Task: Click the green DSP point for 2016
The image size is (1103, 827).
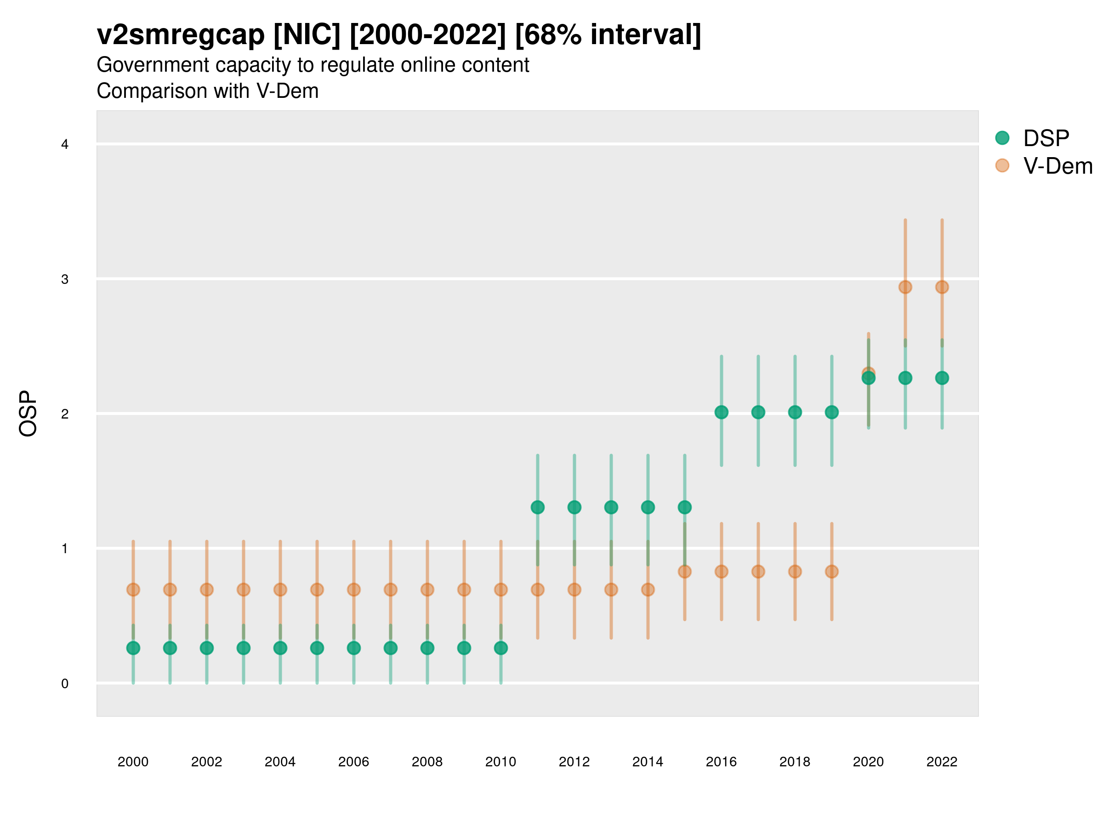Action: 721,412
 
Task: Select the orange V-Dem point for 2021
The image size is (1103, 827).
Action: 905,287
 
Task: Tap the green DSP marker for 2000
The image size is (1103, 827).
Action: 133,648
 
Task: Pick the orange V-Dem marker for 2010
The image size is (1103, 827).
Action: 500,590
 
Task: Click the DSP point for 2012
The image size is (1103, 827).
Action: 574,508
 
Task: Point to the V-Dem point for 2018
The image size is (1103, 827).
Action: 795,571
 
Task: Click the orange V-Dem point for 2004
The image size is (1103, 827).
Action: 280,590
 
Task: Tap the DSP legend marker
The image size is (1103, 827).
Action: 1002,138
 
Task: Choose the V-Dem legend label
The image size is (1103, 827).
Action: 1058,166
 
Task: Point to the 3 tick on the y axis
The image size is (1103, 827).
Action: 65,279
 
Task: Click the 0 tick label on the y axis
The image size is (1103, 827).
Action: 65,684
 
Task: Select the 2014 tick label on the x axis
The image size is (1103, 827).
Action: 648,762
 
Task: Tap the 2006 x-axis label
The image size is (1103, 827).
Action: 353,762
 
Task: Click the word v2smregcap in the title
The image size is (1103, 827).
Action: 181,35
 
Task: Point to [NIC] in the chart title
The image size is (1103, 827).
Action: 307,35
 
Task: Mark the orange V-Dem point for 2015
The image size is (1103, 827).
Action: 685,571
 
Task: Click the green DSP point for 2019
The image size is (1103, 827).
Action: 832,412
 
